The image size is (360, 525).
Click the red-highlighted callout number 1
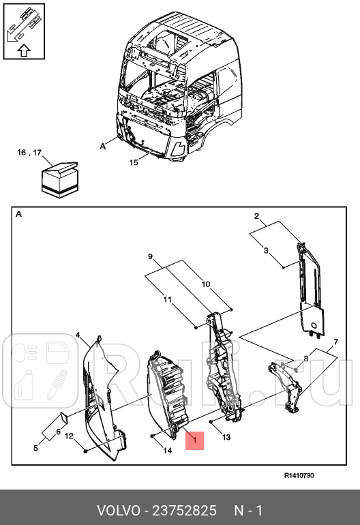pyautogui.click(x=194, y=441)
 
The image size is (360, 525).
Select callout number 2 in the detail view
pyautogui.click(x=256, y=217)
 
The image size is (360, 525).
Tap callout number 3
pyautogui.click(x=266, y=250)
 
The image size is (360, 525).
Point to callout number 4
pyautogui.click(x=78, y=335)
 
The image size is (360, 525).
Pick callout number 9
pyautogui.click(x=151, y=256)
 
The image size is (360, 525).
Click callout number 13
pyautogui.click(x=226, y=437)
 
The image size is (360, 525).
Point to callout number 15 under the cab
pyautogui.click(x=134, y=162)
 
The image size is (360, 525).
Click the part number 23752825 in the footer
pyautogui.click(x=185, y=510)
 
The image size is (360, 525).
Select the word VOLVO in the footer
pyautogui.click(x=118, y=510)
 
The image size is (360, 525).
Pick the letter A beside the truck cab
pyautogui.click(x=103, y=145)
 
